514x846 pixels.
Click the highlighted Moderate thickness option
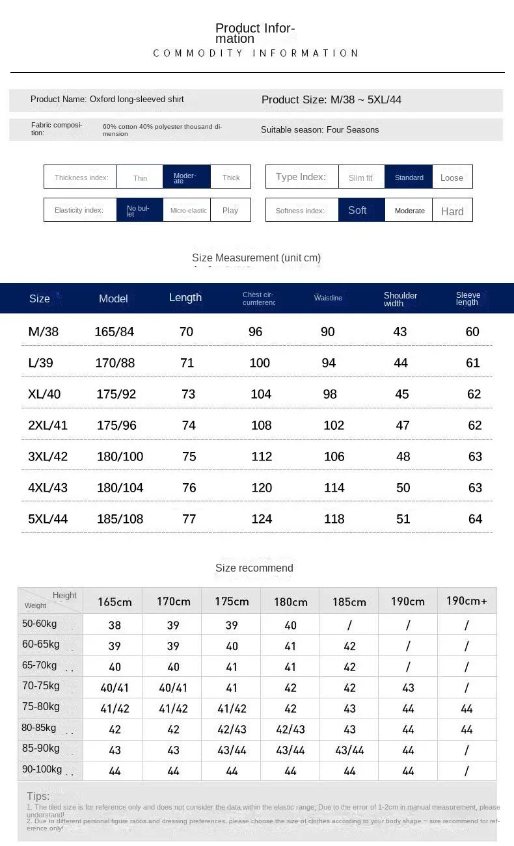click(186, 177)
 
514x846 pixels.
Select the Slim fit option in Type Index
click(360, 178)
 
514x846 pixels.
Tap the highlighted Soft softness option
click(357, 210)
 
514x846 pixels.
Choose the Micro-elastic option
click(188, 210)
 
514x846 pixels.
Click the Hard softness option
click(452, 211)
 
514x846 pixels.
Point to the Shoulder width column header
click(400, 299)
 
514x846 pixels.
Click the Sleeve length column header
click(468, 298)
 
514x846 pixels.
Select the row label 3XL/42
click(47, 456)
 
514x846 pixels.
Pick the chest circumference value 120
click(261, 488)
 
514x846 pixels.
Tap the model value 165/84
click(114, 332)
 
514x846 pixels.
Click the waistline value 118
click(334, 519)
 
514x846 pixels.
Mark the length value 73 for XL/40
click(188, 394)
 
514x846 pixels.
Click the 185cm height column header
click(349, 601)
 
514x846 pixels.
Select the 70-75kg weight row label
click(40, 685)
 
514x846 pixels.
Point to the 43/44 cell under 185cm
click(349, 750)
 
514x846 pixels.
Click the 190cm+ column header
click(467, 601)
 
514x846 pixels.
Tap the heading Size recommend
click(254, 568)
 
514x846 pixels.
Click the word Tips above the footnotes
click(38, 796)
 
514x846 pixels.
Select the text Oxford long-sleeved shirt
click(137, 99)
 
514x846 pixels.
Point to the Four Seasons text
click(353, 129)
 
